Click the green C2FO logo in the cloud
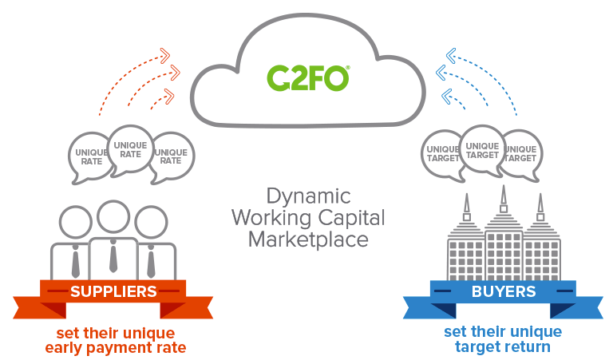(x=307, y=77)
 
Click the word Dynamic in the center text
(x=306, y=196)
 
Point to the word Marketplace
(x=306, y=239)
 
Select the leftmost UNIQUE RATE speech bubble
(x=90, y=156)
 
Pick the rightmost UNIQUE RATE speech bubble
(x=170, y=156)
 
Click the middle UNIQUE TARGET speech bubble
(x=483, y=149)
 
